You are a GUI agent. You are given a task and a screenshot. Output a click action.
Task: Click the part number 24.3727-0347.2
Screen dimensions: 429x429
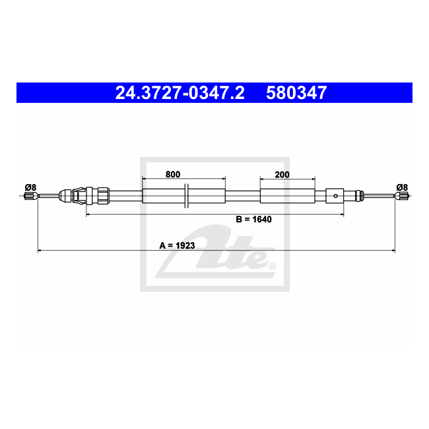(x=180, y=93)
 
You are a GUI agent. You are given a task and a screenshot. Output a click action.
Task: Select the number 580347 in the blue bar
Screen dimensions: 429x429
(x=296, y=93)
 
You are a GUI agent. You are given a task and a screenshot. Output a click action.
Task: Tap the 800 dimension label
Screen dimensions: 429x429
(x=173, y=174)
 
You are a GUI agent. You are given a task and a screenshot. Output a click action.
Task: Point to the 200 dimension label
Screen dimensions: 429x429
(x=282, y=174)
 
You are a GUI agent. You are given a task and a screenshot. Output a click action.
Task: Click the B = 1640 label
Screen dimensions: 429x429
(x=253, y=219)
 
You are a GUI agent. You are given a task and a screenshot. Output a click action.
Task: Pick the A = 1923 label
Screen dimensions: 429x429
(x=177, y=246)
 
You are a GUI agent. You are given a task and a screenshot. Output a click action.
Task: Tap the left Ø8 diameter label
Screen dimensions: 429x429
(x=30, y=187)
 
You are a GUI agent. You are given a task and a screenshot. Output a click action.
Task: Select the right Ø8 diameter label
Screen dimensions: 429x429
(x=402, y=187)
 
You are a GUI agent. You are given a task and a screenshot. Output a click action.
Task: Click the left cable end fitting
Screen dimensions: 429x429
(x=30, y=196)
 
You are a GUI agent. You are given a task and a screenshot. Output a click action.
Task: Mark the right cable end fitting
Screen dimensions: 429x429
(x=401, y=196)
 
